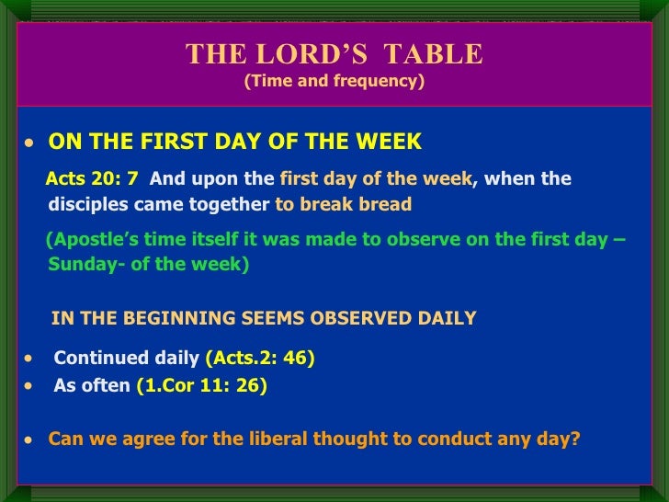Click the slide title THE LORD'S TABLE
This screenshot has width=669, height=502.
[334, 54]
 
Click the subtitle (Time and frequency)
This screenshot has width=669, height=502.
[334, 81]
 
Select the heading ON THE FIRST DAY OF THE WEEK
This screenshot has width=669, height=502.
[234, 142]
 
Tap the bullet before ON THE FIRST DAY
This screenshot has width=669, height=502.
[30, 144]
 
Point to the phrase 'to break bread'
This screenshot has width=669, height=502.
[343, 204]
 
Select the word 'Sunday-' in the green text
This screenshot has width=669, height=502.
[80, 265]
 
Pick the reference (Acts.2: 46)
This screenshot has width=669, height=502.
[260, 359]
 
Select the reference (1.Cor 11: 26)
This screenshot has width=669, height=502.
[201, 386]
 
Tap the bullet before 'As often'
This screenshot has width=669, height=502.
[30, 387]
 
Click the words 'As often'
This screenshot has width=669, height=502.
[92, 386]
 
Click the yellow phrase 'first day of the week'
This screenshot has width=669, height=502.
[375, 178]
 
